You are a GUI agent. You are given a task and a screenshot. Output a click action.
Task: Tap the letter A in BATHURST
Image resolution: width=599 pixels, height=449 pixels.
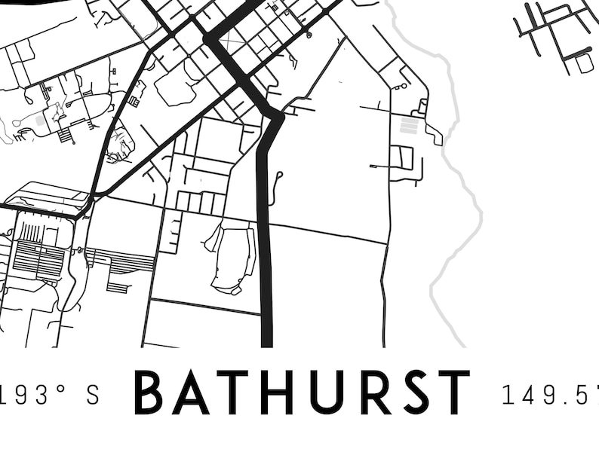[x=190, y=392]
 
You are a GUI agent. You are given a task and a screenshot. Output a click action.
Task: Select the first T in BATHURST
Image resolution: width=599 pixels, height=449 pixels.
[x=229, y=392]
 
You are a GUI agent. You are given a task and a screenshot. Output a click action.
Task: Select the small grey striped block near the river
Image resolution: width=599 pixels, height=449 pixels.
[x=409, y=125]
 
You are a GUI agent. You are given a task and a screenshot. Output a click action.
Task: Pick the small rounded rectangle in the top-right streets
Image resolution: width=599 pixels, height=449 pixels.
[x=585, y=63]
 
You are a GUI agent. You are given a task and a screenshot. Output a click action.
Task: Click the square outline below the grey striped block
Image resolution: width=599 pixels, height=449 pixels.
[x=402, y=157]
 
